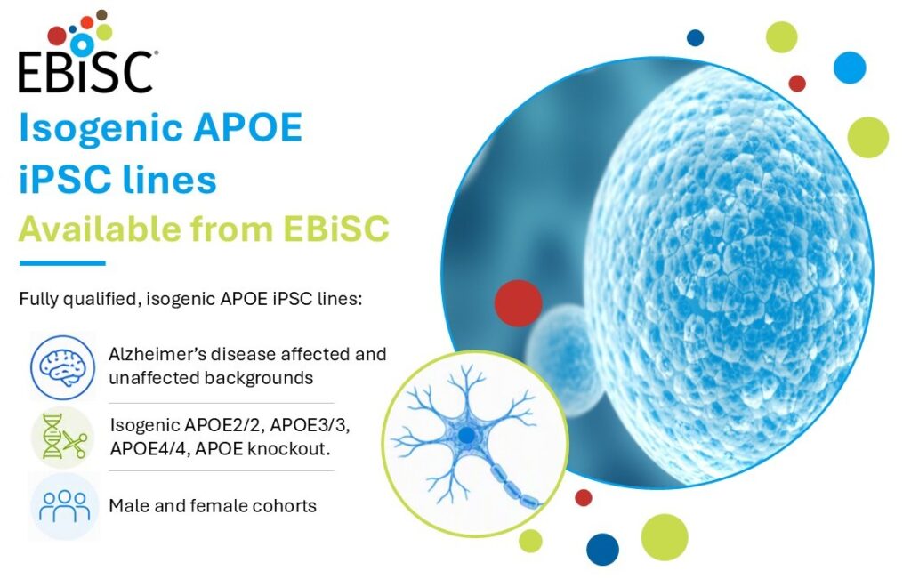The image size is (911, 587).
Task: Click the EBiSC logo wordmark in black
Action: [86, 72]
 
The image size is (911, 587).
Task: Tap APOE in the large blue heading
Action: [248, 127]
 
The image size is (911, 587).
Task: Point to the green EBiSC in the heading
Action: [335, 229]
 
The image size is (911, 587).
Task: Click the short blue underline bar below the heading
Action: [62, 263]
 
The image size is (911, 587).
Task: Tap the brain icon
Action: [63, 366]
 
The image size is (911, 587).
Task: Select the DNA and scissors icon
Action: [63, 438]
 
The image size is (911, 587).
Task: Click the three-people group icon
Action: [64, 506]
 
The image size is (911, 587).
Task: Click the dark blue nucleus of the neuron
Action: [466, 435]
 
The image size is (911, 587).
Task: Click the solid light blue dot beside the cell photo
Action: [850, 68]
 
